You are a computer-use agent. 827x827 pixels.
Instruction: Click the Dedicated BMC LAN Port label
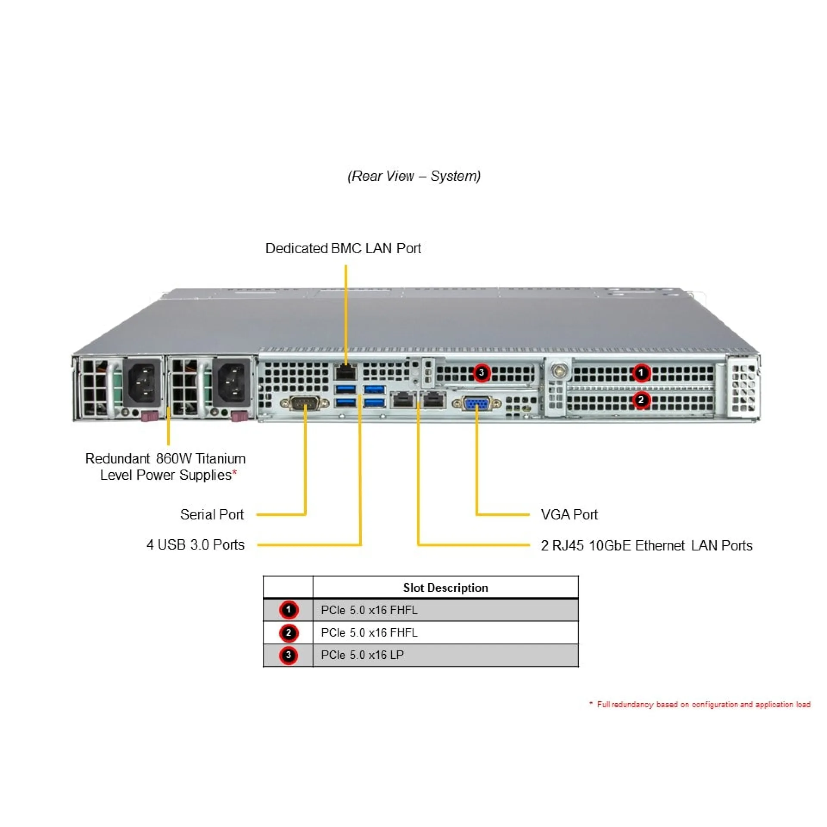point(343,249)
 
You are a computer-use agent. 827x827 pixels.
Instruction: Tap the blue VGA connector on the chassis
point(477,404)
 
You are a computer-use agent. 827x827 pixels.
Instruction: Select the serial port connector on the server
point(305,404)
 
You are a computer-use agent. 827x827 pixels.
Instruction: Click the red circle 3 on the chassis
point(482,373)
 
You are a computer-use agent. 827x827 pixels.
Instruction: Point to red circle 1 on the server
point(641,373)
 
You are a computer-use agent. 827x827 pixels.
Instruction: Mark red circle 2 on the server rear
point(641,400)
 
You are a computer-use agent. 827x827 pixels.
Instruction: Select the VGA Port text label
point(569,514)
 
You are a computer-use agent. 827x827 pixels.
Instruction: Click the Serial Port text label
point(211,514)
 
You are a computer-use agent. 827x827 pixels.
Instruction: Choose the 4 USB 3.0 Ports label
point(195,545)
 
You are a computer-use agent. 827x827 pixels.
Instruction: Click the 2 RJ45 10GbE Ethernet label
point(646,546)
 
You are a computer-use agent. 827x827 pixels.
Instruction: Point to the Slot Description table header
point(445,588)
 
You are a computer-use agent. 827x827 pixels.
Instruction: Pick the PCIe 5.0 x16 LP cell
point(362,655)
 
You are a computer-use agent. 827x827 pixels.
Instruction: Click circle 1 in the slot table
point(289,610)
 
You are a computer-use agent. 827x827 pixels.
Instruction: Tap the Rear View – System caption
point(413,176)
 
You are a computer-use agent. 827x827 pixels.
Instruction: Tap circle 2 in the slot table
point(289,633)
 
